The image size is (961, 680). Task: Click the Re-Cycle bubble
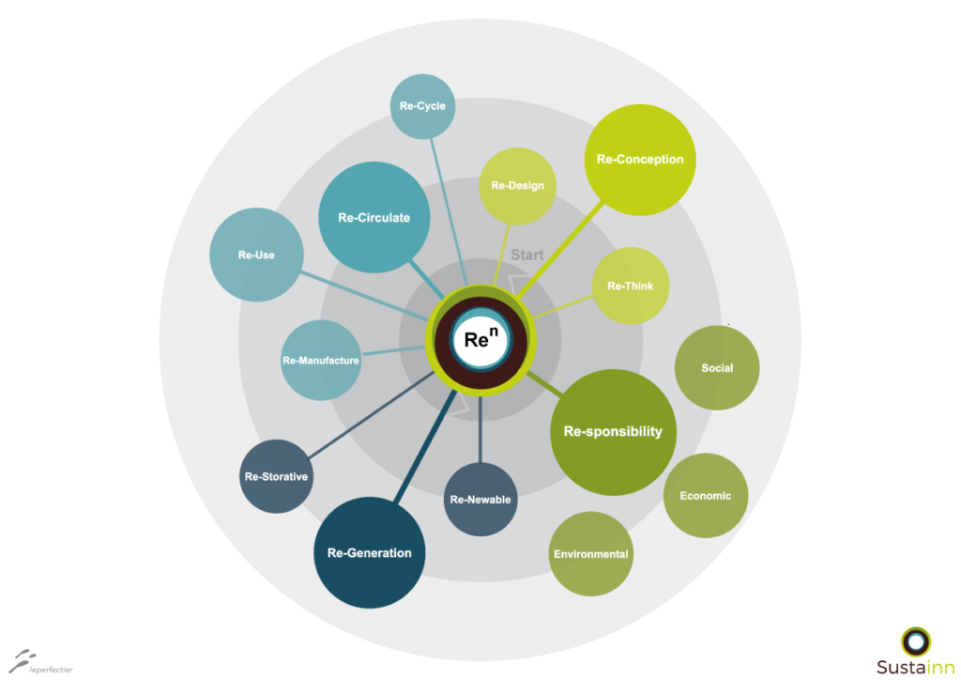click(423, 106)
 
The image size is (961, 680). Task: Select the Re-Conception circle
click(640, 160)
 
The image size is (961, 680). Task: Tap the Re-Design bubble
click(517, 186)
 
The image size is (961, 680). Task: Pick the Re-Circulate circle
click(374, 217)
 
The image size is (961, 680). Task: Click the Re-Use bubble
click(256, 255)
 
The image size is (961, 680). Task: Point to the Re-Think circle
click(630, 286)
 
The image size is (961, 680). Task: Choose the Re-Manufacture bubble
click(321, 360)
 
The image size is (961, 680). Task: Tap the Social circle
click(717, 368)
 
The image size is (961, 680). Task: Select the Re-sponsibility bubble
click(613, 432)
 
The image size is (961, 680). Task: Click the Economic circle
click(706, 495)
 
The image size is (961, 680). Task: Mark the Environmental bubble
click(591, 554)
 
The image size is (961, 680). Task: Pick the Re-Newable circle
click(480, 499)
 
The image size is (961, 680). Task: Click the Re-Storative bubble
click(276, 476)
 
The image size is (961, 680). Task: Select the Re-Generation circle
click(369, 552)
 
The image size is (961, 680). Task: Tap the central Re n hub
click(481, 339)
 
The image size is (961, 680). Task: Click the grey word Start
click(527, 255)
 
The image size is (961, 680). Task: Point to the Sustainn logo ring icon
click(916, 642)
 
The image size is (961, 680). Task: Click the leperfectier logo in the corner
click(40, 662)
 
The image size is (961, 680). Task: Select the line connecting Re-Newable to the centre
click(480, 428)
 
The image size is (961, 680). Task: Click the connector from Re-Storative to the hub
click(372, 415)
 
